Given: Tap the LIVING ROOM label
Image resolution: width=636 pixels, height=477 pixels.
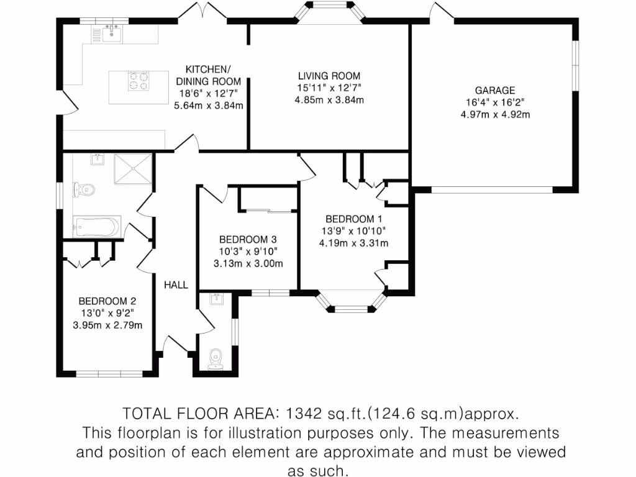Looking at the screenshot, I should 329,76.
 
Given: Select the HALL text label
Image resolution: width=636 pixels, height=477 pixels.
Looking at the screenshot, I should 176,284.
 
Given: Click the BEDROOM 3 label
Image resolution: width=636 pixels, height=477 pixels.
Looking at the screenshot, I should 247,239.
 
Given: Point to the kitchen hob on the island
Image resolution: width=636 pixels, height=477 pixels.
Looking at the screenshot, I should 139,81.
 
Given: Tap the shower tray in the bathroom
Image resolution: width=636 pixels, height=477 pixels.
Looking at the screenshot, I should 132,170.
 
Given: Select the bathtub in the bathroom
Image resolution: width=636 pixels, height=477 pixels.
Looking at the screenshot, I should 96,227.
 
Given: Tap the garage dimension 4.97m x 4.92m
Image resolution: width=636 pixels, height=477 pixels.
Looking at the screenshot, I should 495,114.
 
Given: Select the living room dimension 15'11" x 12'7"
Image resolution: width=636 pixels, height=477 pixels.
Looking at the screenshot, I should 329,88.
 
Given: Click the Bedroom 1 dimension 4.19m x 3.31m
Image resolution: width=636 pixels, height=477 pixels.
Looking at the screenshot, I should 353,243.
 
